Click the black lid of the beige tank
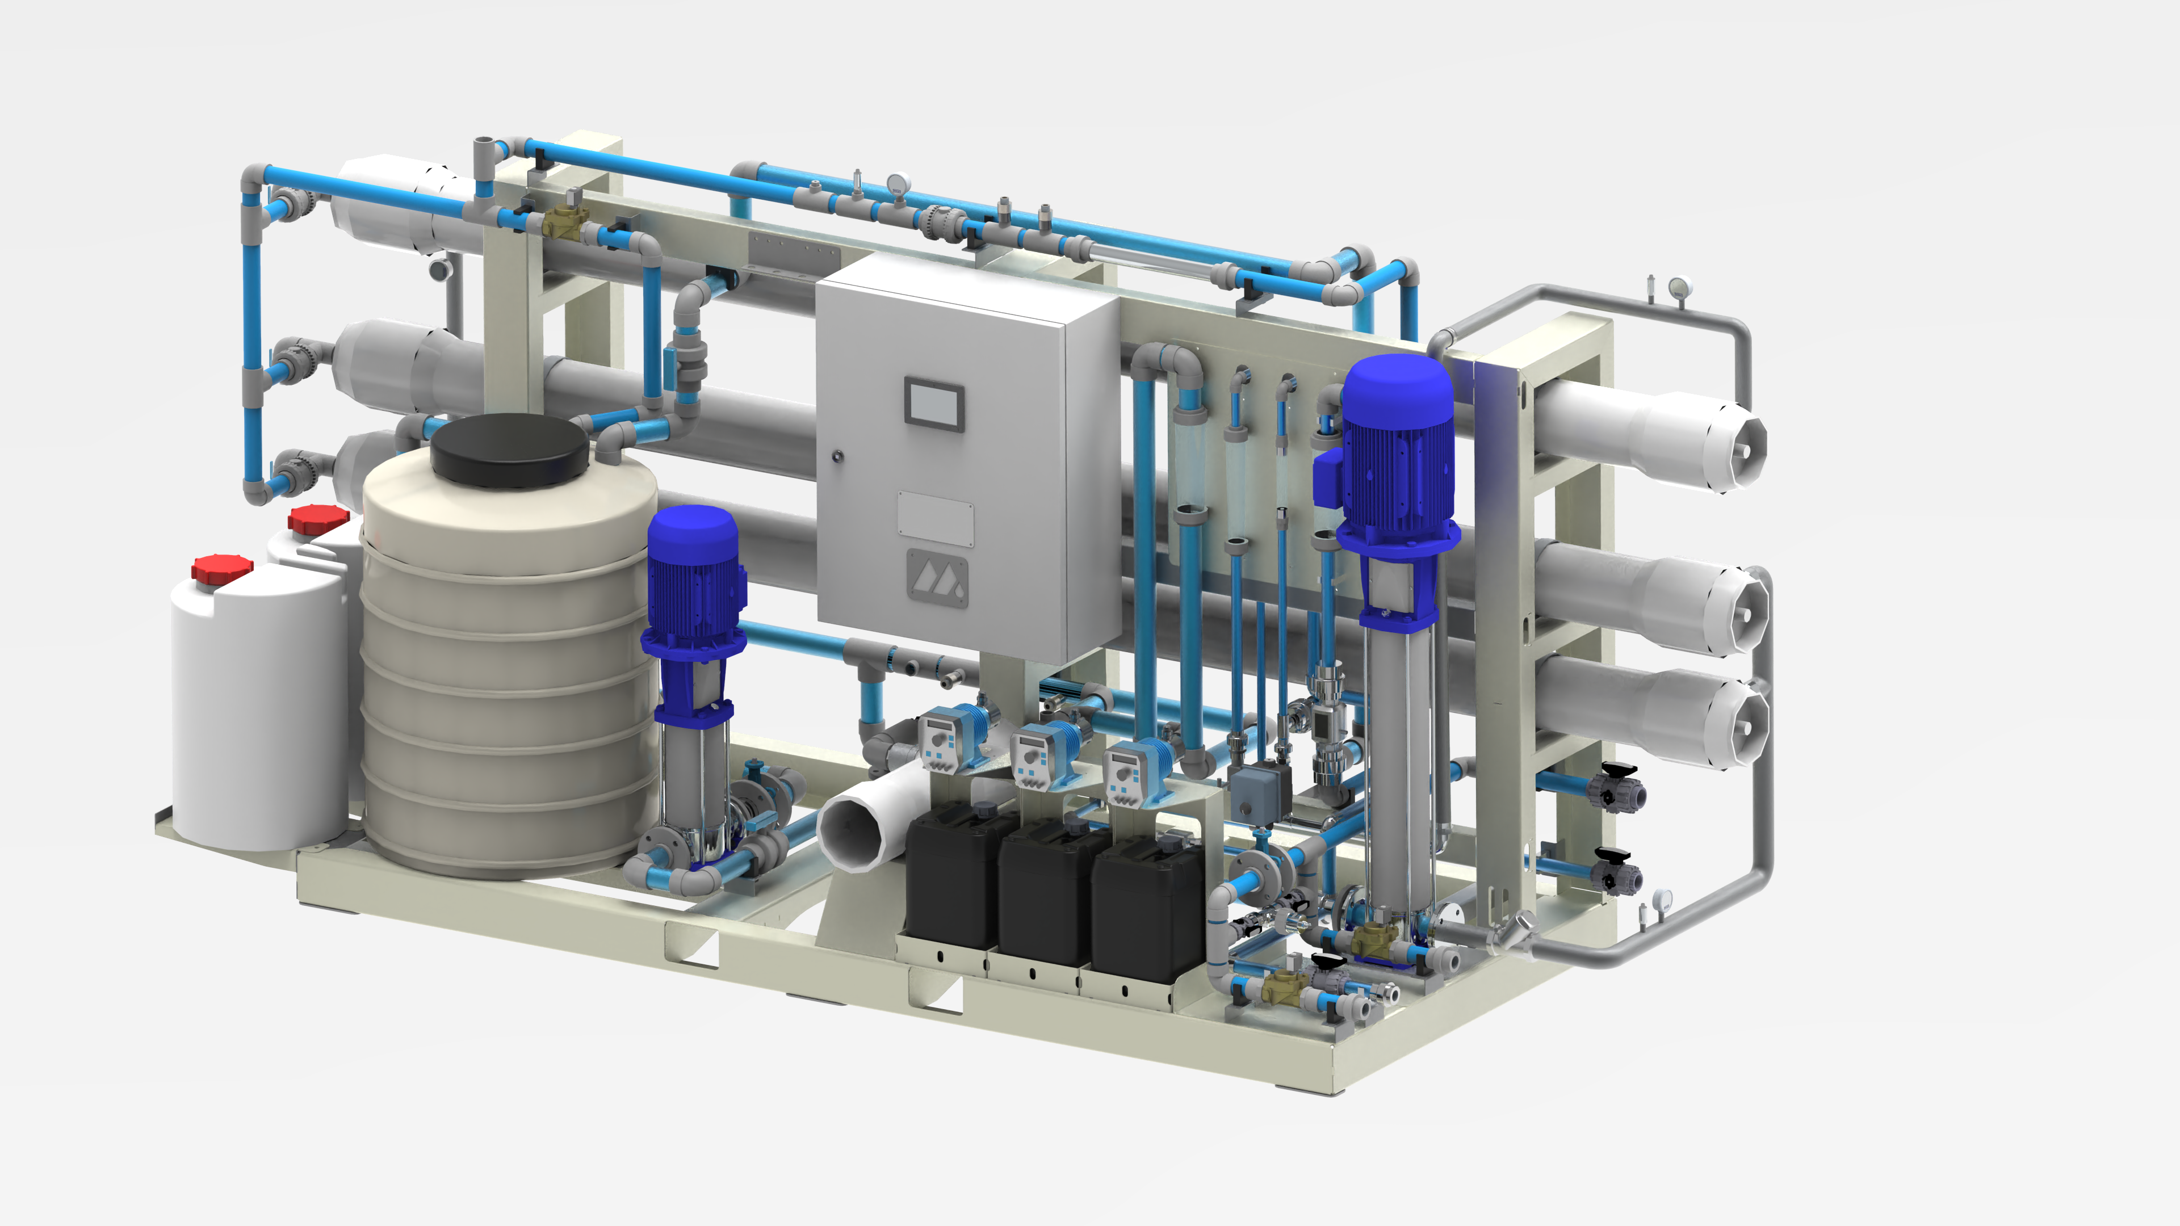(509, 448)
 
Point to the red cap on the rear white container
(318, 518)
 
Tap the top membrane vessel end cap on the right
(1735, 448)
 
